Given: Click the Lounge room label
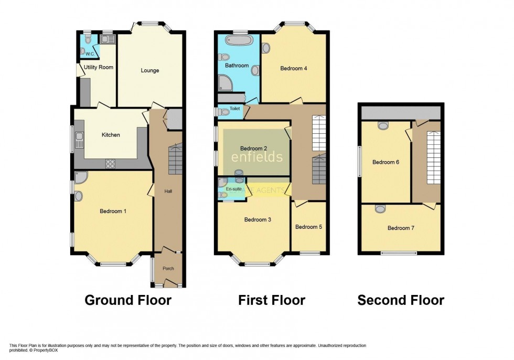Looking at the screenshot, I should (x=149, y=70).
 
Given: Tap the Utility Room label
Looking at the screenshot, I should (x=99, y=67).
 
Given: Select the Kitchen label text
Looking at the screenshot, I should (x=111, y=135).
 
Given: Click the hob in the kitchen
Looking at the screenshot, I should (x=111, y=164).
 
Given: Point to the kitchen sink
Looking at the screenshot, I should (x=79, y=140).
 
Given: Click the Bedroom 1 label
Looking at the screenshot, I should (x=113, y=211).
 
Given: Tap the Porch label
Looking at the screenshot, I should (x=168, y=269).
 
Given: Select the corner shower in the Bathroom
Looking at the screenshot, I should (x=224, y=82).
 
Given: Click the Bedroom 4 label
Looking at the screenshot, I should (x=294, y=68).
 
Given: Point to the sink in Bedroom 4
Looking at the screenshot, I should (x=266, y=48).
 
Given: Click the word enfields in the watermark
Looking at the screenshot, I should (x=257, y=157).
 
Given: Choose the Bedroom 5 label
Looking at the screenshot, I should (x=308, y=227).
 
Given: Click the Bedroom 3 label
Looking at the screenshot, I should (x=258, y=220).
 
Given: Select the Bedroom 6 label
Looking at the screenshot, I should (x=386, y=162).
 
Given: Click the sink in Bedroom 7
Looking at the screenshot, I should (x=379, y=209).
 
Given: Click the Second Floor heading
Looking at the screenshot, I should (x=401, y=300).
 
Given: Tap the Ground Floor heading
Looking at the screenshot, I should (x=128, y=300).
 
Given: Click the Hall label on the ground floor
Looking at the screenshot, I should (x=168, y=192).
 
